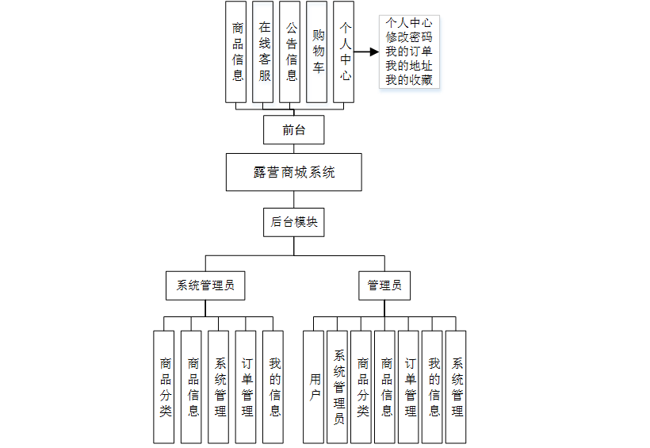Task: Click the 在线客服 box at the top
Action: click(x=264, y=52)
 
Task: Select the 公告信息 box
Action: click(x=291, y=52)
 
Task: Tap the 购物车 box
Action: click(x=317, y=52)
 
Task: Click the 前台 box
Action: click(x=293, y=130)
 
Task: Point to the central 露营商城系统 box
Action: click(x=293, y=172)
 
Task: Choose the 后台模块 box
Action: click(x=293, y=222)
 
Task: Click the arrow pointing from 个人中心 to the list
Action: click(x=365, y=52)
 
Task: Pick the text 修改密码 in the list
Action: click(x=409, y=36)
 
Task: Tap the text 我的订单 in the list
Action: click(x=409, y=51)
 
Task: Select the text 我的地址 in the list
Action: click(x=409, y=65)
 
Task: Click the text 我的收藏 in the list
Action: click(x=409, y=79)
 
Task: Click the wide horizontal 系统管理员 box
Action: click(x=205, y=285)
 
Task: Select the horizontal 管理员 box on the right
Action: click(x=384, y=285)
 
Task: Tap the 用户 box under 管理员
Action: click(x=315, y=387)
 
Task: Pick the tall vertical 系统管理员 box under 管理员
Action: click(x=338, y=387)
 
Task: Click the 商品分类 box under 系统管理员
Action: click(x=165, y=387)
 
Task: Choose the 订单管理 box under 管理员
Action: click(x=410, y=387)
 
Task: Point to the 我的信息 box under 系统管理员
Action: click(x=273, y=387)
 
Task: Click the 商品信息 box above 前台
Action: click(x=237, y=52)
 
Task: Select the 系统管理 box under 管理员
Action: click(x=457, y=387)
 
